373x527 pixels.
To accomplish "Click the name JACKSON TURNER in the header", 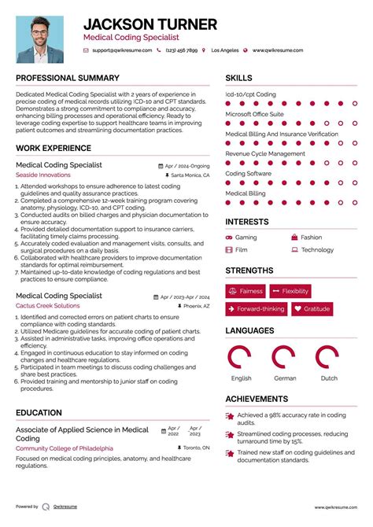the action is point(150,24).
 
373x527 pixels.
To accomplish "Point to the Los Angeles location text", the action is point(225,50).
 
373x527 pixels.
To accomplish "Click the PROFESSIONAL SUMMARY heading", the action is point(68,79).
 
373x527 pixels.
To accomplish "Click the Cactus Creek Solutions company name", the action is point(47,305).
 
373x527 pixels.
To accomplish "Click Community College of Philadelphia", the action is point(64,448).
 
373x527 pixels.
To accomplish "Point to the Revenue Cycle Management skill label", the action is point(265,154).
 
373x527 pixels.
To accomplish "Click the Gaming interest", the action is point(246,237).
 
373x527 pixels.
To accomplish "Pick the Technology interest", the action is point(317,250).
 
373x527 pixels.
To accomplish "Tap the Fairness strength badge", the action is point(246,291).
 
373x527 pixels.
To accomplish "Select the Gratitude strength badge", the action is point(312,309).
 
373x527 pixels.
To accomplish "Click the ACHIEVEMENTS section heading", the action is point(257,399).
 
